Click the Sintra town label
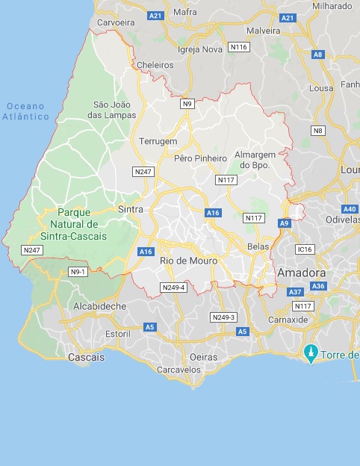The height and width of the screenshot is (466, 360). coord(130,210)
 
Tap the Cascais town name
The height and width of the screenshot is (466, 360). coord(86,358)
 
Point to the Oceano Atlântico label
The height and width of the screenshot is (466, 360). coord(25,111)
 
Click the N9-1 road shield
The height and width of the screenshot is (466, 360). coord(78,271)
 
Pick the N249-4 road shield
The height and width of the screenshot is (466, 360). coord(173,288)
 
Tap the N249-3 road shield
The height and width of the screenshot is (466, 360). coord(223,317)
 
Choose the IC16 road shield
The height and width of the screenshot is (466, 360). coord(304,249)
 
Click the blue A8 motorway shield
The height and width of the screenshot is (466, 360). coord(319,55)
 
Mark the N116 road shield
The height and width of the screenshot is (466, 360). coord(239,47)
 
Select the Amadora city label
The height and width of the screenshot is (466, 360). coord(302,274)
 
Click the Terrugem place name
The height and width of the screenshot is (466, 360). coord(158,141)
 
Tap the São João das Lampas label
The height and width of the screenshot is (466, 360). coord(114,110)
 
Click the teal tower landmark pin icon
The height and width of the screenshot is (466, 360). coord(310,352)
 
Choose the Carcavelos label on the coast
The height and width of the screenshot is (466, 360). coord(180,370)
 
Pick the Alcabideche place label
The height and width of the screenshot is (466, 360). coord(99,306)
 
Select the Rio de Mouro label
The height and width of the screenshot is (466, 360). coord(188,261)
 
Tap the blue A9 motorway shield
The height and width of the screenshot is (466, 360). coord(284,223)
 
